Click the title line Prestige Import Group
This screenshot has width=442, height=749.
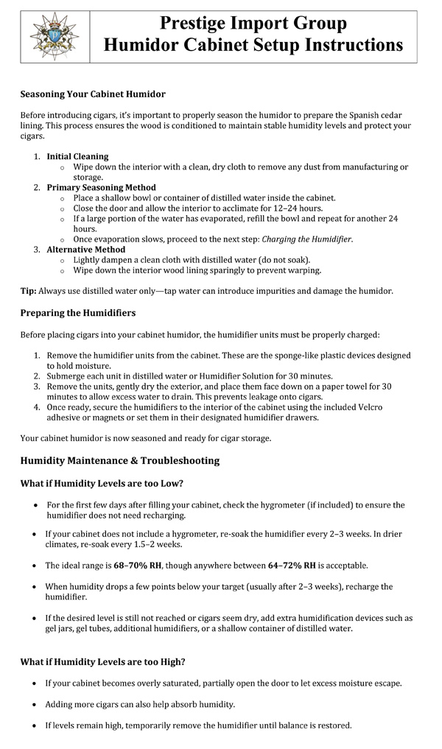(253, 24)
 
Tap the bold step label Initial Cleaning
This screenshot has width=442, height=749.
(77, 157)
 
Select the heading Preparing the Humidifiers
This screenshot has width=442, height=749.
(78, 313)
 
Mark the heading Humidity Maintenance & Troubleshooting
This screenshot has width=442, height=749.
(119, 461)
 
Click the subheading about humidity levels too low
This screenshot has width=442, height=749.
(102, 483)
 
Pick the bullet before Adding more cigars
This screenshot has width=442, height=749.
(36, 704)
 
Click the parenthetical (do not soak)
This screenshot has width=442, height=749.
(275, 260)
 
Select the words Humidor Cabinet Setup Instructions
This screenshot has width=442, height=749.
(253, 45)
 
